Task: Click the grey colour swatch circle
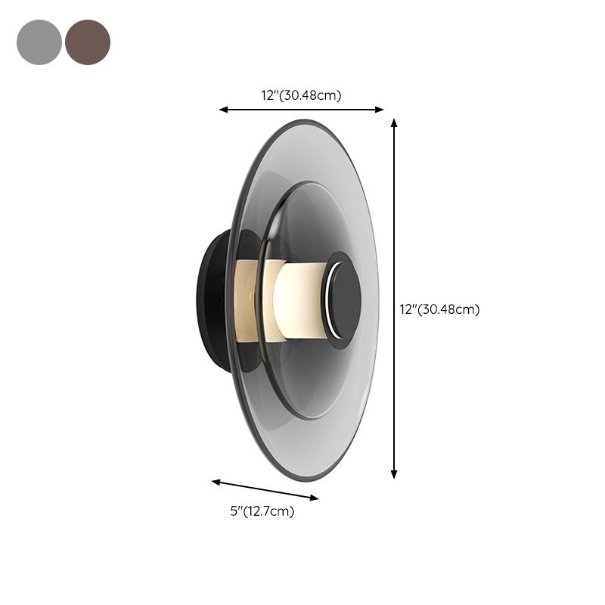click(39, 42)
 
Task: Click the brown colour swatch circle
click(88, 42)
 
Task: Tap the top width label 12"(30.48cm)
click(302, 95)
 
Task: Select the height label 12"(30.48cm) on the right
click(439, 309)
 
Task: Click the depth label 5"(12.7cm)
click(262, 512)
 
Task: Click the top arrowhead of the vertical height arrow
click(394, 121)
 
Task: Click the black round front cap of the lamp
click(344, 299)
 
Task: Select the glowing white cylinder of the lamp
click(299, 299)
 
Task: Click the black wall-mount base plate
click(208, 299)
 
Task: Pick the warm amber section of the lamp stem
click(250, 299)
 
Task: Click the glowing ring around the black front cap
click(326, 299)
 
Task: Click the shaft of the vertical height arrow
click(394, 227)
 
